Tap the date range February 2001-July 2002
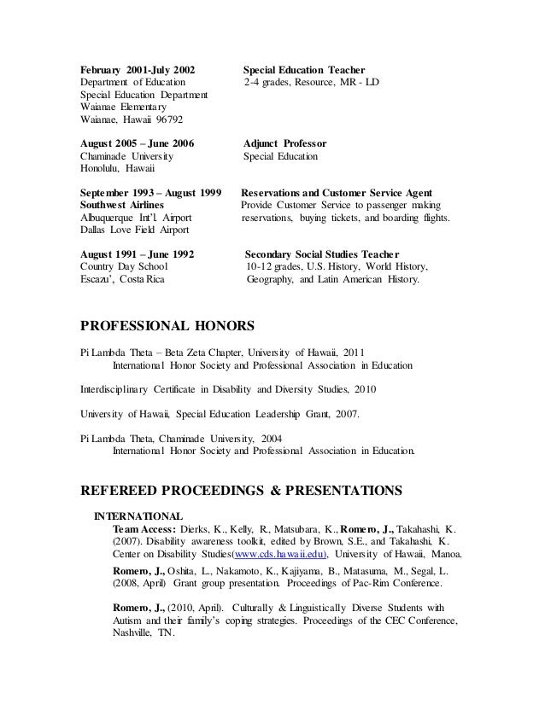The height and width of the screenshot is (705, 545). tap(137, 68)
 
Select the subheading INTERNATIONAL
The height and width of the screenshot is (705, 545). tap(138, 516)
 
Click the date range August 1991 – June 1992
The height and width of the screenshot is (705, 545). tap(137, 254)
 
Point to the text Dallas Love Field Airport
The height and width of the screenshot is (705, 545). tap(136, 230)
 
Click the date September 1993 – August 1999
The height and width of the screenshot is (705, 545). tap(150, 193)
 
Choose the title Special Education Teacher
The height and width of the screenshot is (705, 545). tap(305, 68)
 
